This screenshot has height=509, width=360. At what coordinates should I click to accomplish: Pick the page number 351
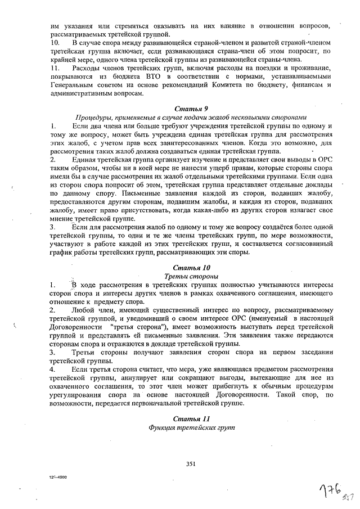coord(190,463)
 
